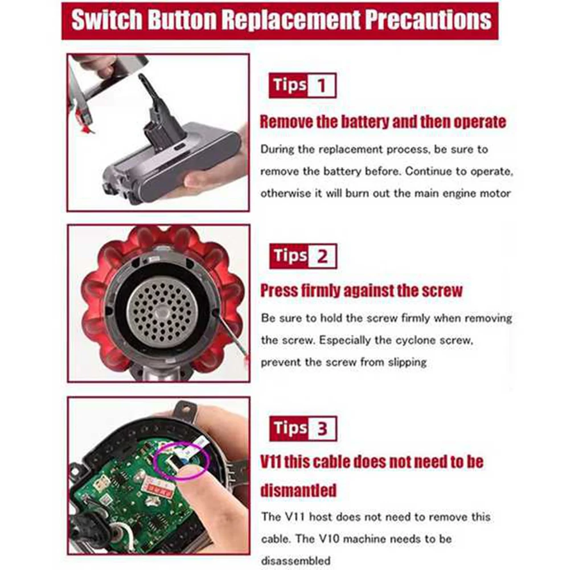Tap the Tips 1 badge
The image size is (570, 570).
pyautogui.click(x=302, y=85)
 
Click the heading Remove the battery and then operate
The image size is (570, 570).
pyautogui.click(x=383, y=121)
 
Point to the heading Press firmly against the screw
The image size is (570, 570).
pyautogui.click(x=361, y=291)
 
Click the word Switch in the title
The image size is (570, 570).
pyautogui.click(x=107, y=20)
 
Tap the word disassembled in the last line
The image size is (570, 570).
pyautogui.click(x=296, y=560)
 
